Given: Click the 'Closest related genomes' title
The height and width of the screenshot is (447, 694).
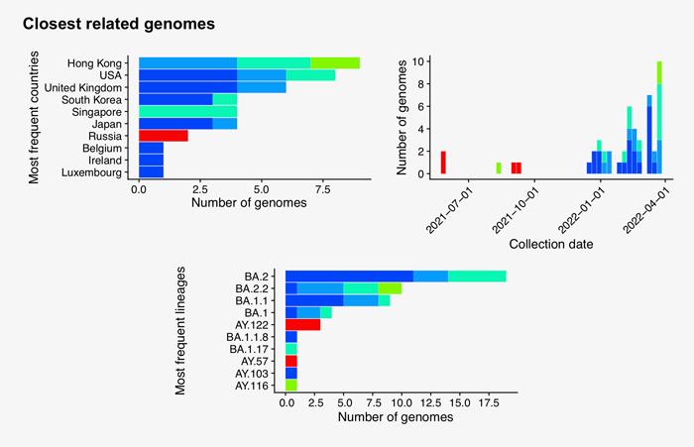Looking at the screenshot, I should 119,23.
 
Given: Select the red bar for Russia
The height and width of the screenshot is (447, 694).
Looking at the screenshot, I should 164,135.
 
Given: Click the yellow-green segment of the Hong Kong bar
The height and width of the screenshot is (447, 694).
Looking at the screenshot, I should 342,62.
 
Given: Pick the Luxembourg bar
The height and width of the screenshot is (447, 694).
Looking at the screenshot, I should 152,172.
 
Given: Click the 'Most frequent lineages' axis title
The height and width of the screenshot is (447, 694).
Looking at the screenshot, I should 181,330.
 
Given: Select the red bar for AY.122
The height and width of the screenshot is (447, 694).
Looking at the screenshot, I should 302,324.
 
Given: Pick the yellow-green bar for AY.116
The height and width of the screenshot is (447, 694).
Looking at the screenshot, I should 291,385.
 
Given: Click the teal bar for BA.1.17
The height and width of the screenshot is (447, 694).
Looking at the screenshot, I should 291,349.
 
